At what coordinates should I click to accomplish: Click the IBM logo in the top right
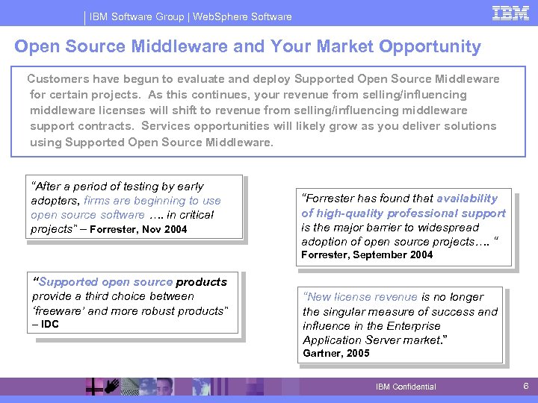511,13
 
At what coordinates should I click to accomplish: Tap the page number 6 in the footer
525,386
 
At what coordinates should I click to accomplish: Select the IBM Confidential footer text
406,387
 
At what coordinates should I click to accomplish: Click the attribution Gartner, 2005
336,353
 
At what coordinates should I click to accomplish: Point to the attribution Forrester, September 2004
366,254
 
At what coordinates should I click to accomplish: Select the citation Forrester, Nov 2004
139,229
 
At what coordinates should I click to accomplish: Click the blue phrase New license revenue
360,297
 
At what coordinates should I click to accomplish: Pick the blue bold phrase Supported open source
105,282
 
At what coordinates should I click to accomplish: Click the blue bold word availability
466,199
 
